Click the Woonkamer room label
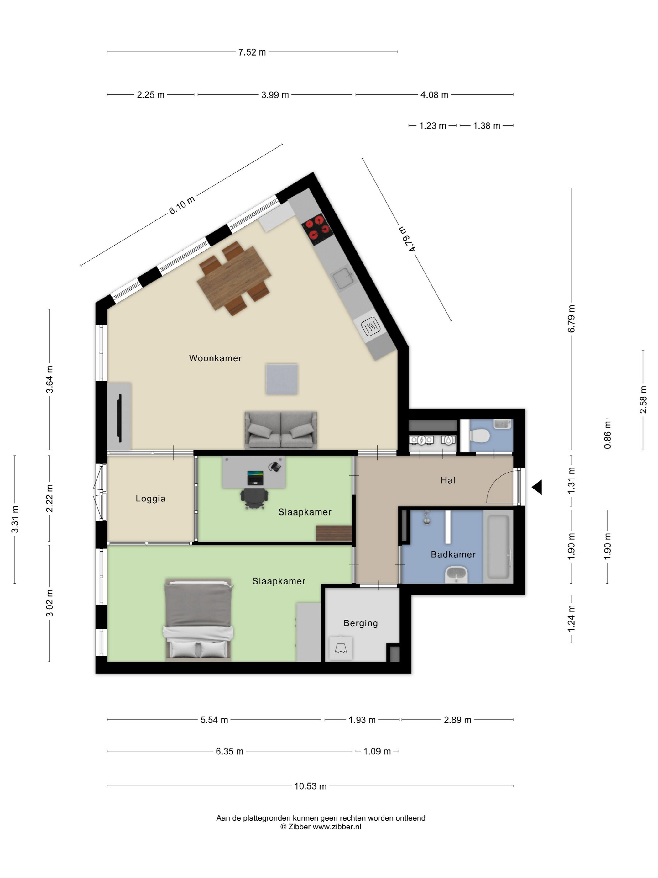pyautogui.click(x=215, y=358)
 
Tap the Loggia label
pyautogui.click(x=150, y=499)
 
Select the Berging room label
pyautogui.click(x=361, y=623)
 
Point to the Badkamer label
pyautogui.click(x=453, y=554)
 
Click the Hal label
pyautogui.click(x=448, y=480)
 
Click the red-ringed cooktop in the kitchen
pyautogui.click(x=318, y=230)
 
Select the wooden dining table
pyautogui.click(x=234, y=278)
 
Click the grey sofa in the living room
pyautogui.click(x=281, y=430)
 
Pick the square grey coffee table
pyautogui.click(x=282, y=379)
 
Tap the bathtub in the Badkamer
pyautogui.click(x=498, y=547)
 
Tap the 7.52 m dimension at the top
pyautogui.click(x=252, y=52)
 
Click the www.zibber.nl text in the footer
pyautogui.click(x=337, y=827)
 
